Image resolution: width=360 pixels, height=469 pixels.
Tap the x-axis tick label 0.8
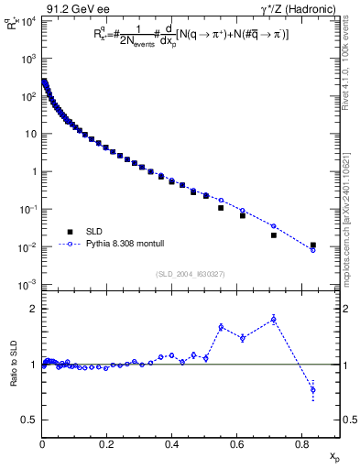(x=302, y=446)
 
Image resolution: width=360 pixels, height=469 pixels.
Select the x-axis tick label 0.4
(x=172, y=446)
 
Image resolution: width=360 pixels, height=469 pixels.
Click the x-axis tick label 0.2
(x=107, y=446)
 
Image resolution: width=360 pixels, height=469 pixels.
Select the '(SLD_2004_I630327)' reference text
(x=190, y=273)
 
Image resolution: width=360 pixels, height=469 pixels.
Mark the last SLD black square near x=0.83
(x=313, y=245)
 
